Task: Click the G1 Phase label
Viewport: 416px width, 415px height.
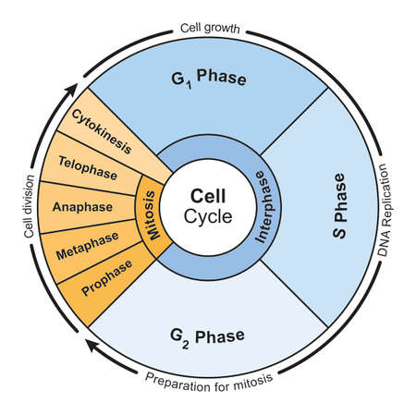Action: (209, 79)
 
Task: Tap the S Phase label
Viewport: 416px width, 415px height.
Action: (339, 205)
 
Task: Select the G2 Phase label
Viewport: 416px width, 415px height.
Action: (207, 337)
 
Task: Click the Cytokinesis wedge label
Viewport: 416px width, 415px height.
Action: (102, 131)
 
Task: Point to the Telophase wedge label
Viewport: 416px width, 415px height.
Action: (88, 168)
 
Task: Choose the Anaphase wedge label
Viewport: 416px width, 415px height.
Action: (82, 207)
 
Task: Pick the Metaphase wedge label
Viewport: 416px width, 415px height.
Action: (87, 246)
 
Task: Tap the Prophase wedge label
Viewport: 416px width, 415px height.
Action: (107, 278)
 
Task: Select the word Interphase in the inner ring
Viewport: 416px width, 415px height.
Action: (264, 207)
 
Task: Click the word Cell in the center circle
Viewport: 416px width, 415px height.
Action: (208, 196)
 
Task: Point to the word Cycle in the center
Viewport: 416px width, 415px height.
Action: (208, 216)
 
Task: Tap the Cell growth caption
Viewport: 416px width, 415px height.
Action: (210, 28)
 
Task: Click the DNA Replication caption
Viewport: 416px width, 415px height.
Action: (385, 210)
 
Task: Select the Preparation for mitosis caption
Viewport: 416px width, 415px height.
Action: (209, 382)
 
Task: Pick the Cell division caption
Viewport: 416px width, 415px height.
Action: (29, 206)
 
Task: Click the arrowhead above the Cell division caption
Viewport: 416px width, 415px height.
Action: (71, 91)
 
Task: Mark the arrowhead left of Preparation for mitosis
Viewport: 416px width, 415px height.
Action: (93, 346)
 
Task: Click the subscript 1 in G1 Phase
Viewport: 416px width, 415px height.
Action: (189, 85)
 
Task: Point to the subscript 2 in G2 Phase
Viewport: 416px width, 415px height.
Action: (185, 345)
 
